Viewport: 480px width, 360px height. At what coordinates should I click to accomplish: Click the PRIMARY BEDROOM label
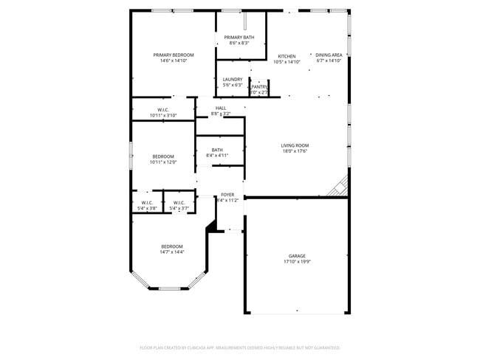tap(174, 55)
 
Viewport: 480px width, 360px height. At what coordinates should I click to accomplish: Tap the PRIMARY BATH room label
tap(239, 37)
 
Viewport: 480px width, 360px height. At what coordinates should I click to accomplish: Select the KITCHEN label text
tap(287, 56)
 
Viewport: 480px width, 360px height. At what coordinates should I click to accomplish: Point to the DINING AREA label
tap(329, 55)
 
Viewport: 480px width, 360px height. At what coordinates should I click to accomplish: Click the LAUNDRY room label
tap(233, 79)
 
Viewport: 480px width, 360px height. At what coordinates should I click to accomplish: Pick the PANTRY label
tap(259, 86)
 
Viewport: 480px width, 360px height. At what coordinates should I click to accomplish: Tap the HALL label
tap(221, 108)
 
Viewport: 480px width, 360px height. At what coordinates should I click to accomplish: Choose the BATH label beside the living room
tap(217, 150)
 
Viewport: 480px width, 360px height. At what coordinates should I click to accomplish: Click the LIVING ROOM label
tap(294, 145)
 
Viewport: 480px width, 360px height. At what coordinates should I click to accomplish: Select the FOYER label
tap(227, 195)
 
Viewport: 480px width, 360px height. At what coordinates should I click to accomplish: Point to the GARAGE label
tap(296, 256)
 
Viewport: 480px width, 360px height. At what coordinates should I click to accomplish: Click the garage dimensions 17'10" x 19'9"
tap(296, 262)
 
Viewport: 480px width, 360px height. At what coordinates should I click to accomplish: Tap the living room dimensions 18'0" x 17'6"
tap(294, 151)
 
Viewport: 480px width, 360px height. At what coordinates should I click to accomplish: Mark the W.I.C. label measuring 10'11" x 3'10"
tap(163, 110)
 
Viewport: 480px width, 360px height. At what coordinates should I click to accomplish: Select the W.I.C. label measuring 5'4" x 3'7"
tap(179, 203)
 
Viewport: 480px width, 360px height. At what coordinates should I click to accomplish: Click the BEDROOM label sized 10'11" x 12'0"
tap(163, 156)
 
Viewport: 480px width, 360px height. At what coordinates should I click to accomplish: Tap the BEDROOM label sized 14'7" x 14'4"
tap(172, 246)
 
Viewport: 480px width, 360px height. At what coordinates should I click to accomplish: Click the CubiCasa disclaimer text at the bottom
tap(239, 347)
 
